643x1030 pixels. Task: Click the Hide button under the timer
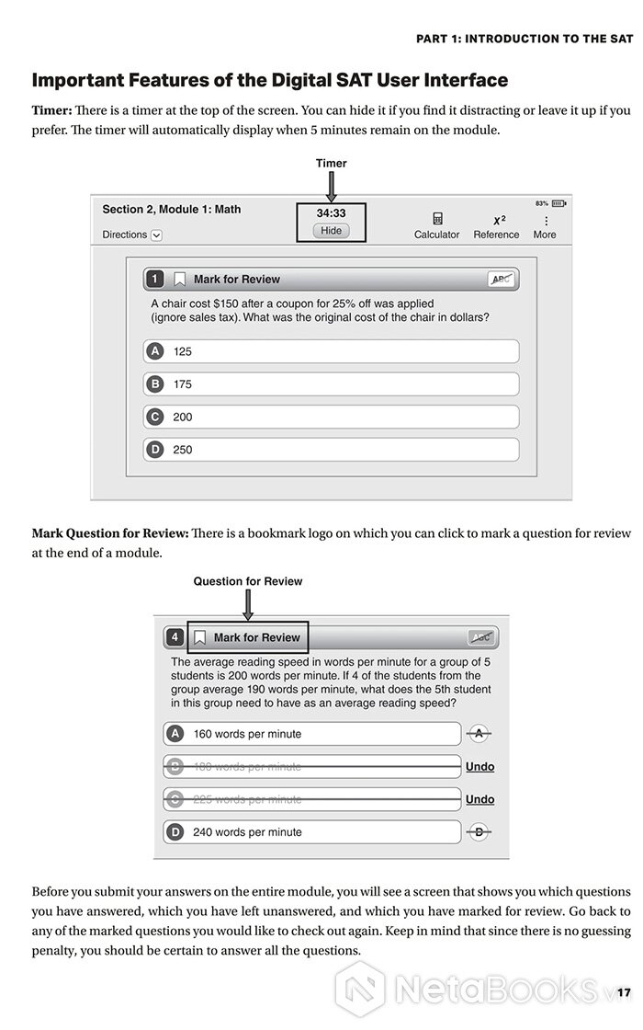(331, 231)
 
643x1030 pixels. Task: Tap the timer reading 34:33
(331, 213)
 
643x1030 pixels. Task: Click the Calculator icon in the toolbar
(437, 220)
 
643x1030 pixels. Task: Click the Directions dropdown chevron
(156, 235)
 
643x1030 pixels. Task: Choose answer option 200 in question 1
(183, 417)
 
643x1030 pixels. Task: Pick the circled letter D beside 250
(155, 450)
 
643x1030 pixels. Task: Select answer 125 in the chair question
(183, 351)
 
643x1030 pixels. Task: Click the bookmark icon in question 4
(199, 637)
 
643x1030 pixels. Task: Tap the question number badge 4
(175, 637)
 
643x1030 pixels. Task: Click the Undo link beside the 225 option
(479, 799)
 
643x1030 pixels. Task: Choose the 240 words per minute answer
(247, 832)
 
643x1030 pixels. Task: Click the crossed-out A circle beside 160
(479, 734)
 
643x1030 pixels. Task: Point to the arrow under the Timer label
(331, 186)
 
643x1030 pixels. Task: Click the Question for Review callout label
(247, 581)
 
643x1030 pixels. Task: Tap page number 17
(625, 992)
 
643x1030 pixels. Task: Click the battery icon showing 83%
(558, 203)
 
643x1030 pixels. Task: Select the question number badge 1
(155, 279)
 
